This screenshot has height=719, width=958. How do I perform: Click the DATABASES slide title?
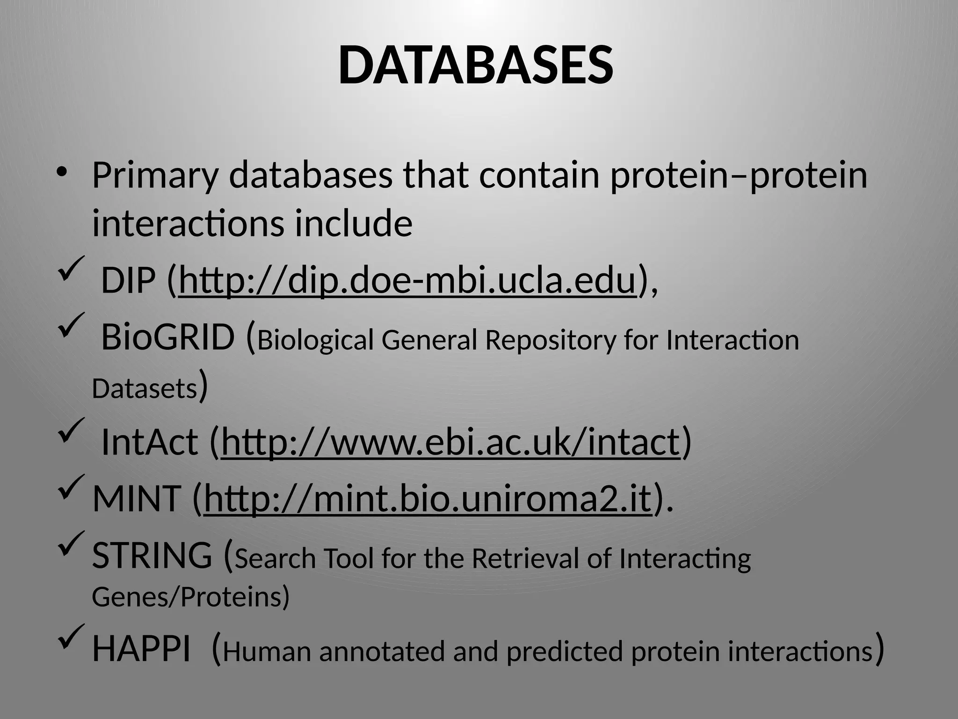(x=475, y=66)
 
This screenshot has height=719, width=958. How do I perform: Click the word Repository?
(x=551, y=340)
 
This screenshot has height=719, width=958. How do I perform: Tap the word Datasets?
(x=145, y=389)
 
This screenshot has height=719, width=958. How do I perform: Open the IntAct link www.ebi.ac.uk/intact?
(x=450, y=442)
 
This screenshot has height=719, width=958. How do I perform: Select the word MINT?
(x=137, y=499)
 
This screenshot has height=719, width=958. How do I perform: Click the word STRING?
(x=152, y=556)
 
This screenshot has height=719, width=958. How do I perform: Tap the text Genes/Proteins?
(x=190, y=597)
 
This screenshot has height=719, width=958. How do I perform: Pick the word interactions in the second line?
(x=188, y=224)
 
